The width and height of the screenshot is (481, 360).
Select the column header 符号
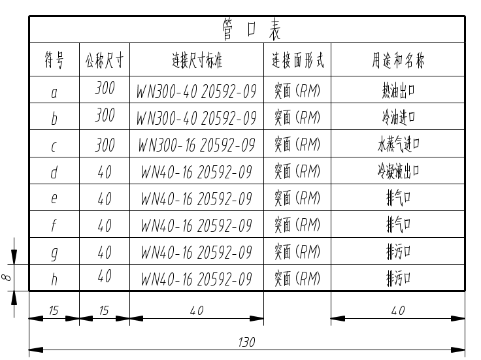coord(54,61)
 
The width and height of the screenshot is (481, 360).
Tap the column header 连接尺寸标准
coord(197,61)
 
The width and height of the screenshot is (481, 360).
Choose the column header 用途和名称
coord(399,61)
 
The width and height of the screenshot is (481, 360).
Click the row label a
coord(54,93)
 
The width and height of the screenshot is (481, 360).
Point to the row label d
coord(54,172)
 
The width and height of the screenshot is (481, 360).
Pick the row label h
coord(54,279)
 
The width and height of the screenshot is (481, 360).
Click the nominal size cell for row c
coord(105,145)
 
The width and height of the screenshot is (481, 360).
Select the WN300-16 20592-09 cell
coord(197,145)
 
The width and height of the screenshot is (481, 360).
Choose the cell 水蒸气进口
coord(399,144)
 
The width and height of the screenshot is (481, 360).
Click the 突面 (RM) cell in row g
coord(297,252)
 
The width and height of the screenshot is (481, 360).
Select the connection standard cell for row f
coord(197,225)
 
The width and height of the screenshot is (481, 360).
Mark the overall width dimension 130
coord(246,342)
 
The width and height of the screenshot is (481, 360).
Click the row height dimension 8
coord(7,277)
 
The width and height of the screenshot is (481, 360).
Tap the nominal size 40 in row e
coord(105,199)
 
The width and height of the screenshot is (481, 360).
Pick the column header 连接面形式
coord(297,61)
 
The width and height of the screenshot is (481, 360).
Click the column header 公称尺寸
coord(105,61)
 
